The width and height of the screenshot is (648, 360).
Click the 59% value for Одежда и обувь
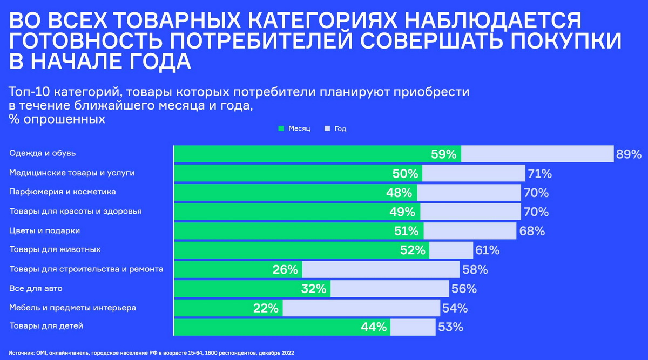(444, 154)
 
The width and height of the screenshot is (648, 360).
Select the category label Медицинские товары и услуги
(72, 173)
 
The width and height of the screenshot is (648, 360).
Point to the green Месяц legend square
(281, 129)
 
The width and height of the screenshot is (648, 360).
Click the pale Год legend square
(327, 129)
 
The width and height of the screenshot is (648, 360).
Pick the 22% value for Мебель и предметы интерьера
(266, 308)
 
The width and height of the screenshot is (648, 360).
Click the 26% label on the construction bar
(285, 269)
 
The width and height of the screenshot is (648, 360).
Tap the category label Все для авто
(36, 288)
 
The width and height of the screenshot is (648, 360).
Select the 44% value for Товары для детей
(374, 327)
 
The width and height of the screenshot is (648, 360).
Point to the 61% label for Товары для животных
(487, 250)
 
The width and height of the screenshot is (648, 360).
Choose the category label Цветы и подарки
(45, 230)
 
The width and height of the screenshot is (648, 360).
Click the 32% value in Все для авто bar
(314, 289)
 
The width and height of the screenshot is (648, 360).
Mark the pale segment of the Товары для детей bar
(413, 327)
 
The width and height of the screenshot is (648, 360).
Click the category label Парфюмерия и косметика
(63, 192)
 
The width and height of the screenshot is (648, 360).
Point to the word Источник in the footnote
(21, 352)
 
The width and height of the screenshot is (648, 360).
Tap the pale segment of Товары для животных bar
(451, 250)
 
